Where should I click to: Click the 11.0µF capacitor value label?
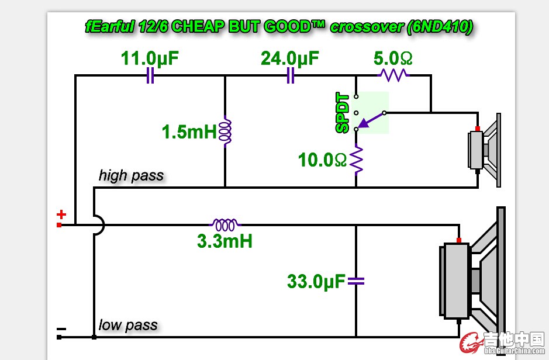pyautogui.click(x=150, y=58)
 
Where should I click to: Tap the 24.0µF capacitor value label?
pyautogui.click(x=290, y=58)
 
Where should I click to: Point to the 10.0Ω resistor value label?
pyautogui.click(x=323, y=160)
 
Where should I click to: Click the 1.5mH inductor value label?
pyautogui.click(x=189, y=131)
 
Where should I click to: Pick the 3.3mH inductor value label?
pyautogui.click(x=225, y=240)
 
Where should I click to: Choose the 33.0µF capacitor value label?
pyautogui.click(x=316, y=282)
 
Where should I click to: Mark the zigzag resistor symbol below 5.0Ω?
pyautogui.click(x=393, y=75)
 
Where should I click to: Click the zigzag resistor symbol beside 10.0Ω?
pyautogui.click(x=357, y=160)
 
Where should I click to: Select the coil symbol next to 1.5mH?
pyautogui.click(x=226, y=131)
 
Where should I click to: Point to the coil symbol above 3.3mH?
pyautogui.click(x=225, y=224)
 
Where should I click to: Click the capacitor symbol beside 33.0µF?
pyautogui.click(x=356, y=282)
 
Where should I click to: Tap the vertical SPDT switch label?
pyautogui.click(x=343, y=113)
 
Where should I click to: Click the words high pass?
pyautogui.click(x=131, y=175)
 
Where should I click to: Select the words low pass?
pyautogui.click(x=128, y=325)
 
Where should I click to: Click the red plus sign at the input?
pyautogui.click(x=61, y=215)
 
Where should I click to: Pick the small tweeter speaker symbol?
pyautogui.click(x=485, y=150)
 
